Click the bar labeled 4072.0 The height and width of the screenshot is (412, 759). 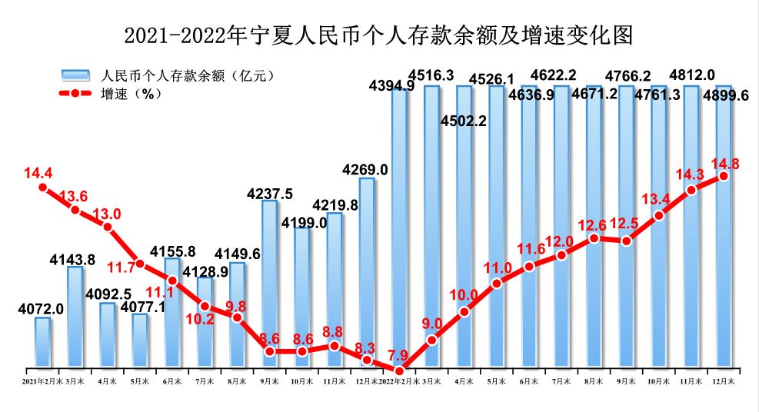pos(42,341)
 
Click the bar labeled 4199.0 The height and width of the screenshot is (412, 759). pos(302,296)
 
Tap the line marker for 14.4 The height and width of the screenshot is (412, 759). pos(43,187)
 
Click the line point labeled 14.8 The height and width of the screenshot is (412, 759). pos(724,176)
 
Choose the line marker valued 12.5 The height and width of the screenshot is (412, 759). pos(627,241)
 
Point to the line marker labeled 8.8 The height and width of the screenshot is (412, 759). pos(335,346)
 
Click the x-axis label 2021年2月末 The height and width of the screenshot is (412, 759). pos(41,380)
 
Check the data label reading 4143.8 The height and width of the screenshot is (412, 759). pos(72,259)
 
